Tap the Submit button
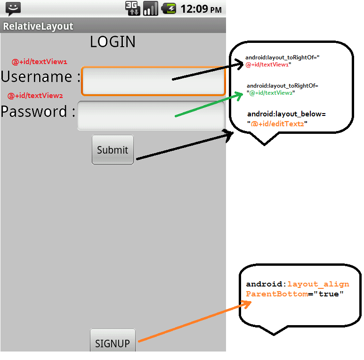tap(113, 149)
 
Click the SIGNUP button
tap(113, 340)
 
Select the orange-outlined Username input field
tap(153, 81)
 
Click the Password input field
tap(151, 115)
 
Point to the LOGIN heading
tap(113, 42)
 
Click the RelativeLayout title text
tap(38, 26)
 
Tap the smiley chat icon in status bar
tap(13, 9)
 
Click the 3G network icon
tap(132, 8)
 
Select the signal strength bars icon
tap(150, 8)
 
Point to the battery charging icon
tap(169, 8)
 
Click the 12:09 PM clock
tap(201, 9)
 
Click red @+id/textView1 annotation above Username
tap(40, 62)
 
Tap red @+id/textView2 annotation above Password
tap(35, 96)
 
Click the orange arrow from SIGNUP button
tap(194, 321)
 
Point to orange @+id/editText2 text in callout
tap(277, 124)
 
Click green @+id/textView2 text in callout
tap(271, 93)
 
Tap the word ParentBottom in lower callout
tap(277, 294)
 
